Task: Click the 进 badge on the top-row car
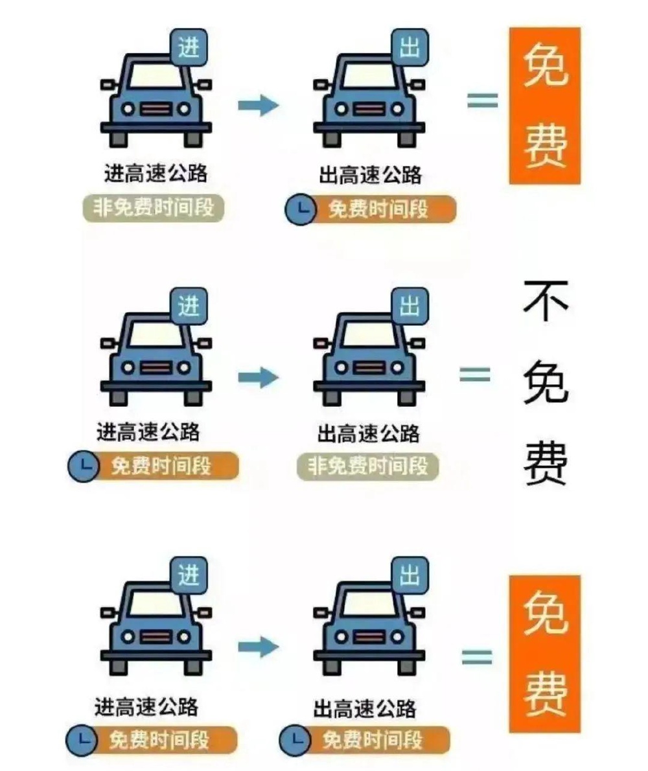click(x=189, y=47)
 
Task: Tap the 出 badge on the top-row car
click(x=410, y=47)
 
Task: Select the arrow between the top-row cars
click(x=259, y=105)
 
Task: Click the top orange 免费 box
click(x=545, y=106)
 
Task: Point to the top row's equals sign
click(x=482, y=100)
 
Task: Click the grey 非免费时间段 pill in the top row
click(x=153, y=208)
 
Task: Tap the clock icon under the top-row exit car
click(x=301, y=209)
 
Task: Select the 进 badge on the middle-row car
click(x=189, y=306)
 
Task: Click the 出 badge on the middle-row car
click(x=410, y=306)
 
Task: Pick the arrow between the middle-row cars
click(x=259, y=377)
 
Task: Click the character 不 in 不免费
click(x=546, y=301)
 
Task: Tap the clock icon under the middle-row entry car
click(x=84, y=466)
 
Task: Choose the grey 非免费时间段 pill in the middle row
click(x=368, y=466)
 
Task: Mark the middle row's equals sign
click(x=475, y=374)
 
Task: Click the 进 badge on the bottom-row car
click(x=189, y=575)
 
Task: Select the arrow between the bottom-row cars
click(x=259, y=647)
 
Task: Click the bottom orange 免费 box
click(x=545, y=654)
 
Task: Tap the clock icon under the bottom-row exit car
click(x=295, y=740)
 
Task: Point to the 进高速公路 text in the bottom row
click(x=146, y=707)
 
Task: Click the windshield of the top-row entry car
click(x=156, y=76)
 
